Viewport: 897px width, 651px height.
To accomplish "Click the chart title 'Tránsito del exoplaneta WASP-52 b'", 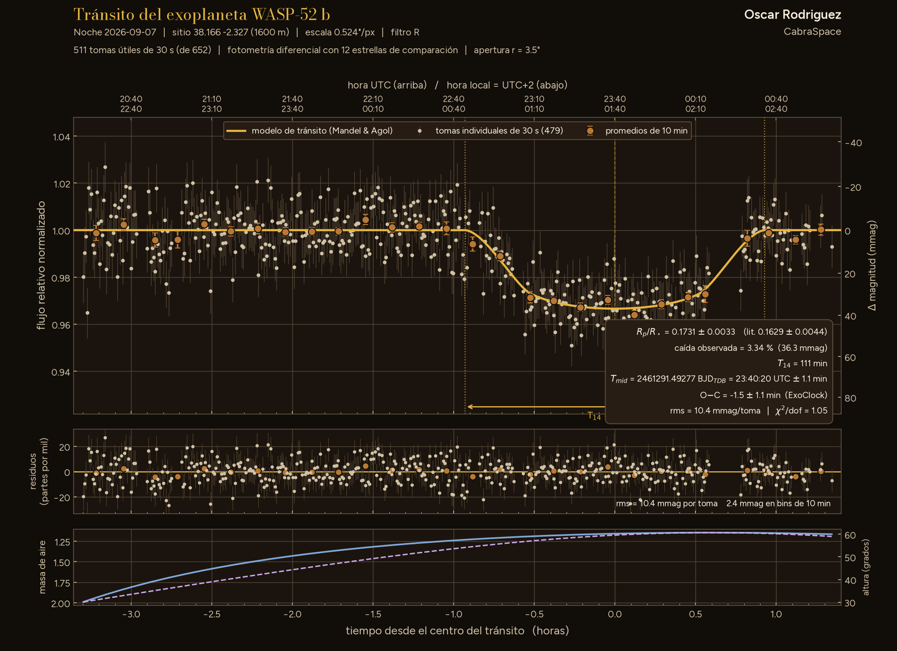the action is tap(201, 15).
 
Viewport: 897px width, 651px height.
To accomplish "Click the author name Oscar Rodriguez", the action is tap(793, 15).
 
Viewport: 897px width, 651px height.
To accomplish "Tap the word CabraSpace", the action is tap(812, 31).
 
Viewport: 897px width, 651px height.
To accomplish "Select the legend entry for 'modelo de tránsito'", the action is tap(309, 131).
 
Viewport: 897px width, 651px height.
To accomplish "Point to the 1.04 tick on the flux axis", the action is tap(61, 137).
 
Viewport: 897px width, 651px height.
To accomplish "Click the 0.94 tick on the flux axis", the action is tap(61, 372).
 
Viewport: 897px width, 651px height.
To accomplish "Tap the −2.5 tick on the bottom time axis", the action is tap(212, 614).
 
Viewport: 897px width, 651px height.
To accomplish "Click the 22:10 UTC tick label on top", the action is tap(373, 99).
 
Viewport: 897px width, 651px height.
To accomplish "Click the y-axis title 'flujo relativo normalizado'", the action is tap(41, 265).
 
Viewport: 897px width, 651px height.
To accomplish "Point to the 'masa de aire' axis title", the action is tap(43, 567).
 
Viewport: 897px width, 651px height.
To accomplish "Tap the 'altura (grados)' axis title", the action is tap(866, 567).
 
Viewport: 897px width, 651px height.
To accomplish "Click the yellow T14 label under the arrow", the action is tap(594, 416).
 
